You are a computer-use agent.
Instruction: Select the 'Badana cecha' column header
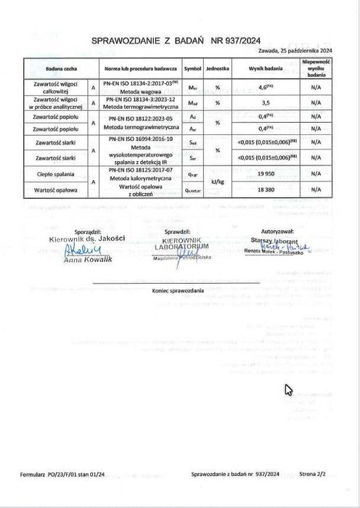tap(56, 67)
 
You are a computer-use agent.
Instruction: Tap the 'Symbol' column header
tap(192, 67)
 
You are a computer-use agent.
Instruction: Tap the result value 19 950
tap(264, 174)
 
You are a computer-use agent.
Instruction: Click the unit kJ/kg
tap(218, 181)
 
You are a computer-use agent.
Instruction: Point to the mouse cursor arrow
tap(287, 389)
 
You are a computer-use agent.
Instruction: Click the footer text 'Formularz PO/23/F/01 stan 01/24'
tap(63, 473)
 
